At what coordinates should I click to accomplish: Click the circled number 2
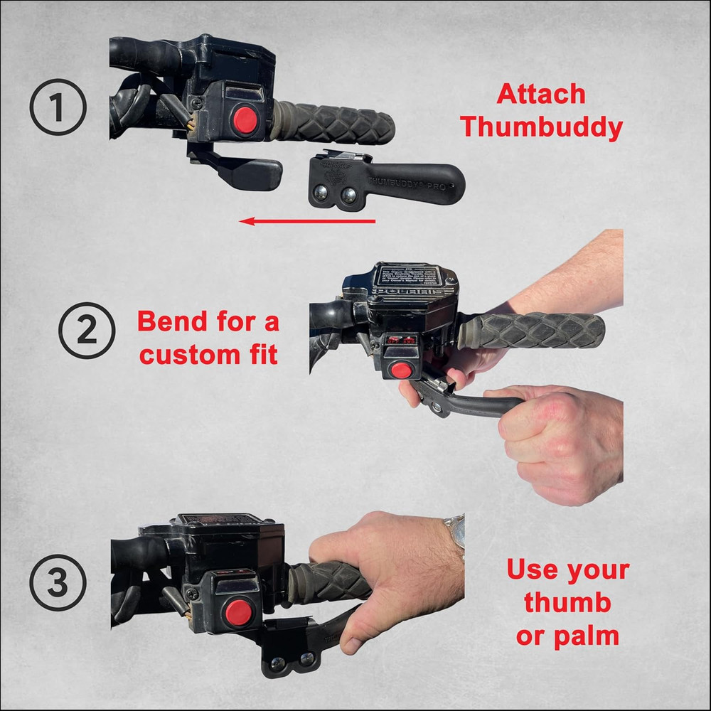(x=86, y=331)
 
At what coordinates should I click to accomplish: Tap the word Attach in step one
(x=541, y=94)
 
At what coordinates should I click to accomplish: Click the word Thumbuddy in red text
(x=541, y=127)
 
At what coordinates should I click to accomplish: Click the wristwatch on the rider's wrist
(x=455, y=530)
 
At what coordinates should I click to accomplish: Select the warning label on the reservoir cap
(x=407, y=277)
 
